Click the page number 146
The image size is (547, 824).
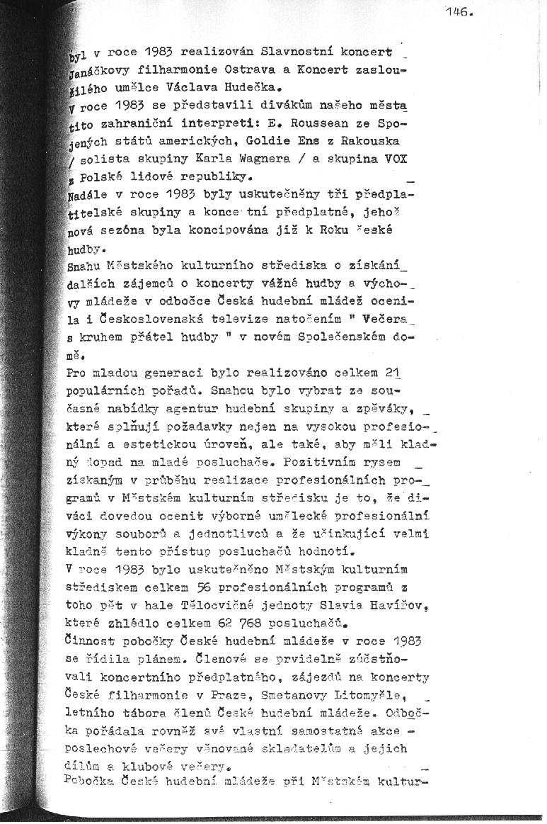click(459, 11)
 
